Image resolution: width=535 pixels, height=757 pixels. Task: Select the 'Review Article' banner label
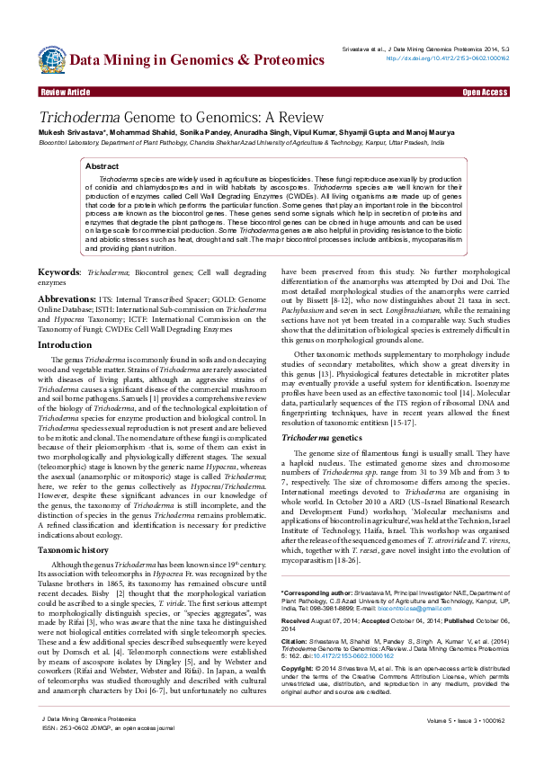[x=65, y=93]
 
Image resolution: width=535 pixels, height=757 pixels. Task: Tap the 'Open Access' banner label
[x=485, y=93]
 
